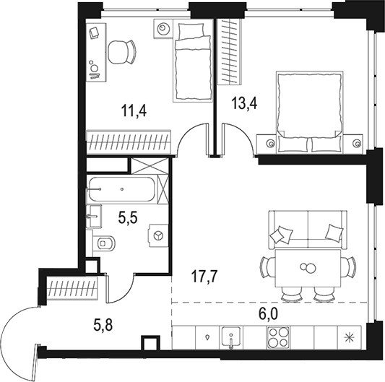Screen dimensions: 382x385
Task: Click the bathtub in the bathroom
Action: (121, 189)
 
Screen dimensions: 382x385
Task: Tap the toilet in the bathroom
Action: (105, 243)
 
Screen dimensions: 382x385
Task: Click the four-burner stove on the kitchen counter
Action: (278, 337)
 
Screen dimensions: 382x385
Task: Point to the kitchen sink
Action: (233, 337)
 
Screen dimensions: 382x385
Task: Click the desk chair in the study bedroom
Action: (121, 52)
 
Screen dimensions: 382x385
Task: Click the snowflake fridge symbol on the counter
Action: (350, 337)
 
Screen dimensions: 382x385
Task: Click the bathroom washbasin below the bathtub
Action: (94, 214)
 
